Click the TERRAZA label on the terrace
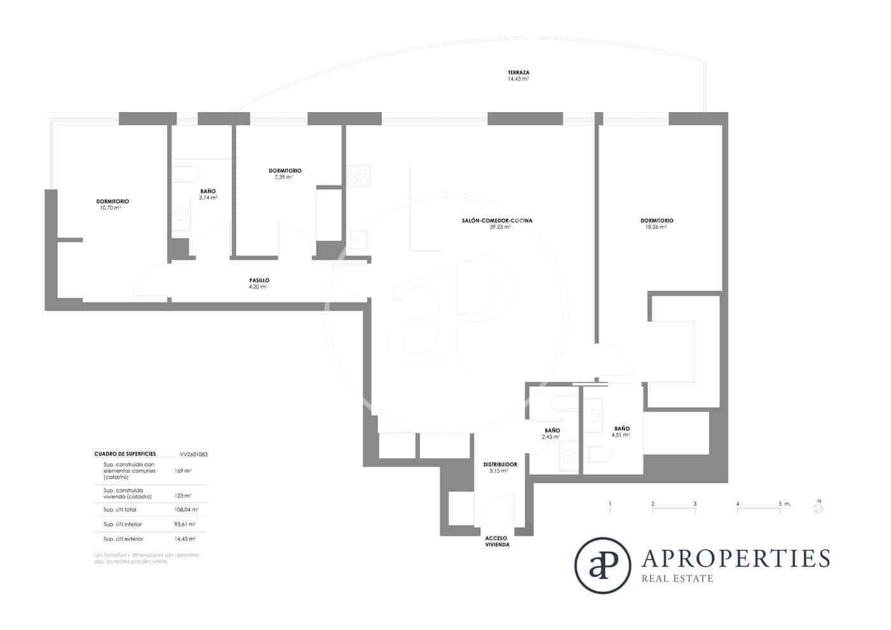(518, 73)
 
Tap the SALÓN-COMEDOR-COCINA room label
(497, 221)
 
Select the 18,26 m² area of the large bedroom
(656, 227)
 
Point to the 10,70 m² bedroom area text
(110, 208)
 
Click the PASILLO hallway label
(259, 281)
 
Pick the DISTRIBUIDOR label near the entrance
(500, 465)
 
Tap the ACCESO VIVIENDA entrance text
(497, 542)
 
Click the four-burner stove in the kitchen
(359, 176)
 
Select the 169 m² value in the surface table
(183, 471)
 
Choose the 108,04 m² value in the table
(186, 510)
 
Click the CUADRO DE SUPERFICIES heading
(125, 454)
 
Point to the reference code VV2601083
(193, 454)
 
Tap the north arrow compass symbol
(818, 508)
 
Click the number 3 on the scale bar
(695, 504)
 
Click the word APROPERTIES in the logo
(736, 558)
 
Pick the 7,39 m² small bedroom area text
(284, 177)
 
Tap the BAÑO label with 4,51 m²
(622, 429)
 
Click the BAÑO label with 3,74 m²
(207, 191)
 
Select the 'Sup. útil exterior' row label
(123, 539)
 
